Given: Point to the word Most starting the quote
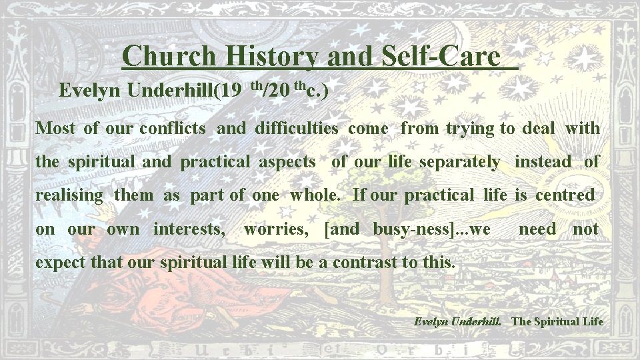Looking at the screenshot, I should tap(55, 128).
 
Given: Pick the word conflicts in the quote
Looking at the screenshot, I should tap(173, 128).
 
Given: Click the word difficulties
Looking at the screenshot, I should tap(297, 128).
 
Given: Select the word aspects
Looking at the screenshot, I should tap(287, 161).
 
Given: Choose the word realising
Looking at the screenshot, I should tap(69, 196).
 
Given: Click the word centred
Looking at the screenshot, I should tap(565, 195).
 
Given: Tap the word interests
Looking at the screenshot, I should tap(189, 229).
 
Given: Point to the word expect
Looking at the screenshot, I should tap(61, 263).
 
